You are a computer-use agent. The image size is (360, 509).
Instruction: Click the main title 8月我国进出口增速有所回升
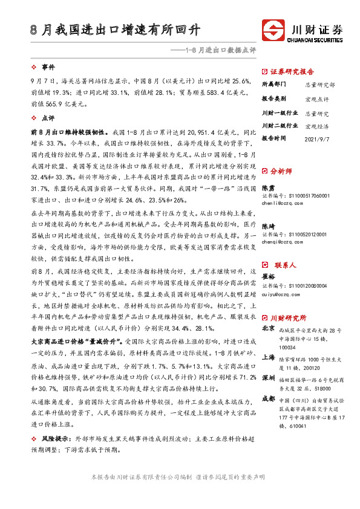tap(116, 30)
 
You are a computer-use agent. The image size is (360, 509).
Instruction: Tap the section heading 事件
tap(47, 67)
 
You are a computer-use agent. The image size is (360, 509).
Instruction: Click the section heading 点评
tap(47, 119)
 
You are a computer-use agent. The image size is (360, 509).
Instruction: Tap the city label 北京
tap(267, 329)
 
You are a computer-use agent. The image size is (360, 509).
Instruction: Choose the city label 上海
tap(267, 357)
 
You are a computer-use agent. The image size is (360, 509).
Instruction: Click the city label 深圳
tap(267, 378)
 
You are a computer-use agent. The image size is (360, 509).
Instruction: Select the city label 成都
tap(267, 398)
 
